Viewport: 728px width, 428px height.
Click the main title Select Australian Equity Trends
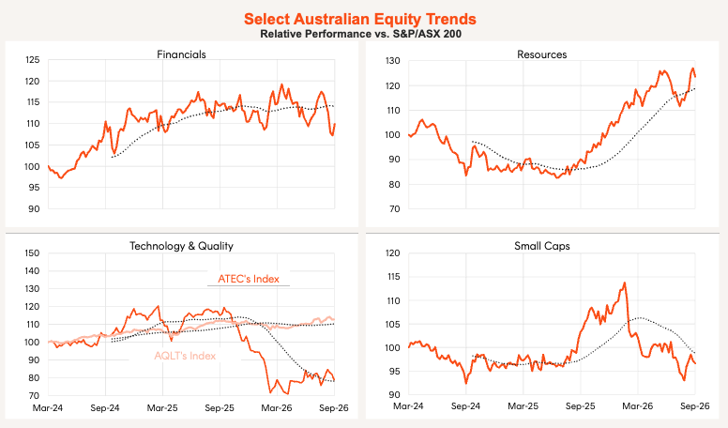tap(360, 19)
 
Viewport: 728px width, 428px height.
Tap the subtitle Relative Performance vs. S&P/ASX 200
tap(361, 34)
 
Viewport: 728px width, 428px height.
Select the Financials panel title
tap(182, 54)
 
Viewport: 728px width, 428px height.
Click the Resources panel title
tap(542, 54)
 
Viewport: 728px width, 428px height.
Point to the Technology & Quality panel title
tap(181, 246)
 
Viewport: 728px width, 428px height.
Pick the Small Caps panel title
tap(542, 246)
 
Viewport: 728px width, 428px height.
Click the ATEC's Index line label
tap(249, 279)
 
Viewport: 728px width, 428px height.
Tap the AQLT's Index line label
tap(185, 356)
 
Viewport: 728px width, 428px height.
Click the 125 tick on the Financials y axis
tap(33, 60)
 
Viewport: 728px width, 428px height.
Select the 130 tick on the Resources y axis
tap(393, 61)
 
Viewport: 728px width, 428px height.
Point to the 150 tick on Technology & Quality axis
tap(33, 253)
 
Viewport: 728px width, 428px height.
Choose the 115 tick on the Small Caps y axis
tap(393, 277)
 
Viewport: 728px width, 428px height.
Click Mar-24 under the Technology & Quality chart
tap(47, 408)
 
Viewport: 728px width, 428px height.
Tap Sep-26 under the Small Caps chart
tap(694, 406)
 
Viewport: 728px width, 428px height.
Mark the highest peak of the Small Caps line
tap(625, 283)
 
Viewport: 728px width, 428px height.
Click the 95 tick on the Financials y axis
tap(34, 188)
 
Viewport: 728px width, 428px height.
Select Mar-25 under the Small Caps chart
tap(523, 406)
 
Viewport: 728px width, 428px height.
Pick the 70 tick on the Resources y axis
tap(395, 209)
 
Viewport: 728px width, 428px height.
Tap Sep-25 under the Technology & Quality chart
tap(220, 408)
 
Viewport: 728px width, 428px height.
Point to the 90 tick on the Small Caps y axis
tap(395, 395)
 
